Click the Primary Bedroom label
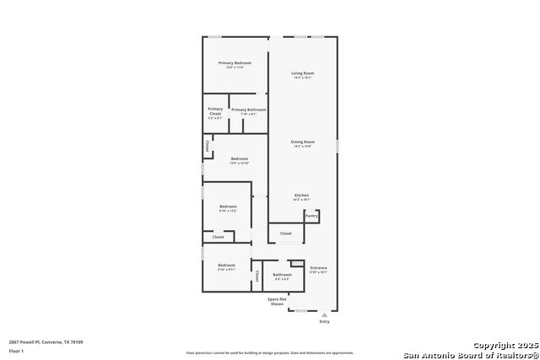coord(235,63)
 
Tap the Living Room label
coord(303,73)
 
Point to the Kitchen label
coord(301,195)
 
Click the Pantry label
coord(311,216)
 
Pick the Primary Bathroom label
coord(249,110)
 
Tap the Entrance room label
coord(318,268)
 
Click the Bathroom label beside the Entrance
coord(282,274)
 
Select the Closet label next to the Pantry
coord(286,233)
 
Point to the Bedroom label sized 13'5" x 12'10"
coord(240,159)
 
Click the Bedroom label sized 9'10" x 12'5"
coord(228,206)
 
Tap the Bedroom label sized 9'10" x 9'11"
coord(226,266)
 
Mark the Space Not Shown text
coord(277,301)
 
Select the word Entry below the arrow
coord(325,321)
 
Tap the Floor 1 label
coord(16,351)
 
